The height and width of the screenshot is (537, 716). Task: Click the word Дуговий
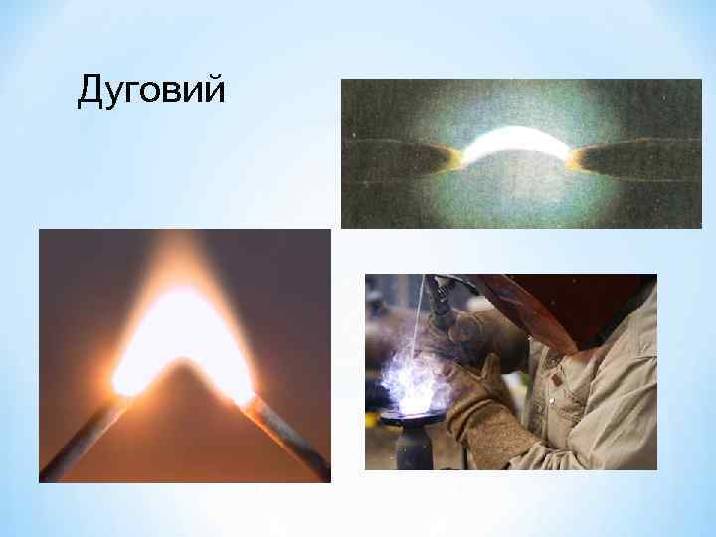tap(151, 91)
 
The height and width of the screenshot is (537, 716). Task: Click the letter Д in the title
tap(90, 91)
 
